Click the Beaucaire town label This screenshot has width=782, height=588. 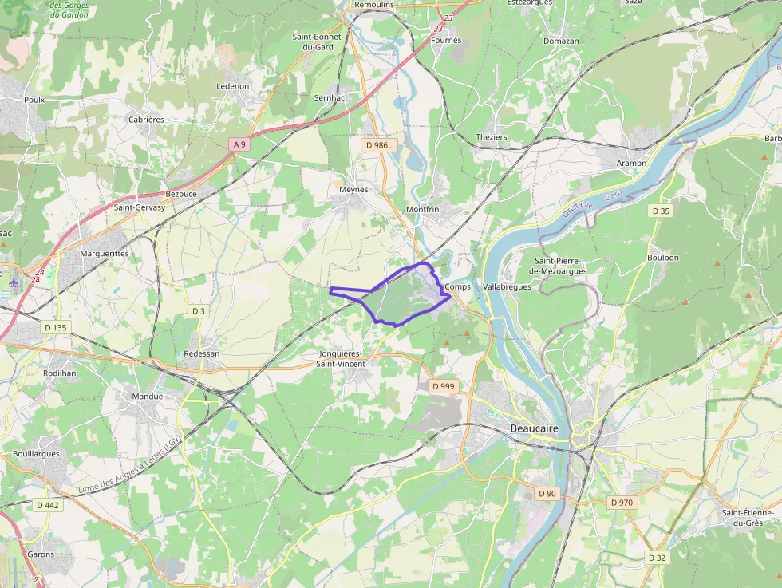(x=535, y=428)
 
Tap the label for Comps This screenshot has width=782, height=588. (x=458, y=286)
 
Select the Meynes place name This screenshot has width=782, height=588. (x=353, y=190)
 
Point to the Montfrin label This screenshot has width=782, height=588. (x=423, y=209)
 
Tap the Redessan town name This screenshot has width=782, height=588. (x=201, y=353)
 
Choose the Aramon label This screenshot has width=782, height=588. (x=631, y=163)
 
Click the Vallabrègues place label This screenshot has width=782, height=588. (x=507, y=286)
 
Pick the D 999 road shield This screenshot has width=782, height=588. (x=443, y=386)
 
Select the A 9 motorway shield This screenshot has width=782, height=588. (x=239, y=144)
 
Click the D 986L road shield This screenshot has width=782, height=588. (x=379, y=146)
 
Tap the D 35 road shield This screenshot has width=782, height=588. (x=661, y=211)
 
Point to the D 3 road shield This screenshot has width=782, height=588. (x=199, y=310)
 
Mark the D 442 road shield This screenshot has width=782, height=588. (x=48, y=505)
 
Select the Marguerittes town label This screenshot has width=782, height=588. (x=105, y=253)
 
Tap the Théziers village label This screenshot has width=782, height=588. (x=492, y=137)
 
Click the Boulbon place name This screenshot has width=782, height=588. (x=663, y=257)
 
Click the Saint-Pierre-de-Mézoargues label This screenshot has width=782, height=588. (x=560, y=266)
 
